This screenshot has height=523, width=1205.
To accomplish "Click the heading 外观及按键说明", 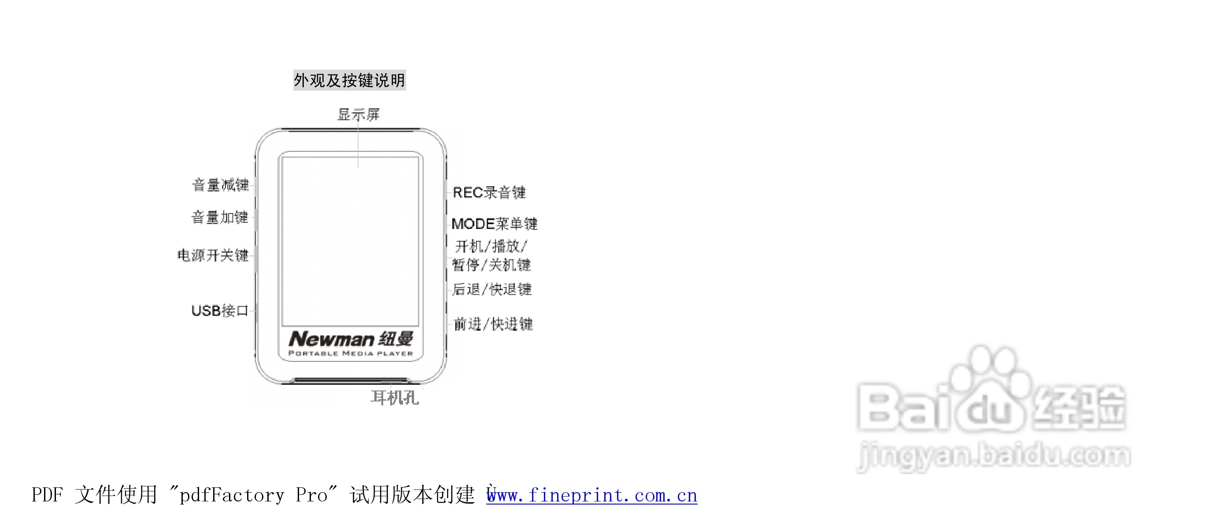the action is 349,81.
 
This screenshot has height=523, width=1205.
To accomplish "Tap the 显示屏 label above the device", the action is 359,114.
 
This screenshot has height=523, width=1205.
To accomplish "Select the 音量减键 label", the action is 220,185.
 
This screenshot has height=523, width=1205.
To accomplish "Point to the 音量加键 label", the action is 220,217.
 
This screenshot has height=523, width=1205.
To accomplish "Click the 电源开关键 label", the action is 213,255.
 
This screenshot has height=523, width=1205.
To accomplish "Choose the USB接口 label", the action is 220,311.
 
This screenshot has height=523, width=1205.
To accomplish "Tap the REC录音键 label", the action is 489,192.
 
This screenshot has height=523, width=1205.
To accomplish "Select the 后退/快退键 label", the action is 492,289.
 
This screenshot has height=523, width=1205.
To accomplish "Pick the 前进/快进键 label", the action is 493,324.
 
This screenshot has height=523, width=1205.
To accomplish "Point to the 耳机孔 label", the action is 394,398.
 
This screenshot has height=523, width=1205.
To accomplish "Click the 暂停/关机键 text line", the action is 491,265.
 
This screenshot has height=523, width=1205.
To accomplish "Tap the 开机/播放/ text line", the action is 491,246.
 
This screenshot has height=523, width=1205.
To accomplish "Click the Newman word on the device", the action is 331,339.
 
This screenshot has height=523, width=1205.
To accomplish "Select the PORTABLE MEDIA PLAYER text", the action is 351,354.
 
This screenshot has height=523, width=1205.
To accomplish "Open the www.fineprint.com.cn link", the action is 592,495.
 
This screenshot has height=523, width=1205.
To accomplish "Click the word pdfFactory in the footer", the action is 232,495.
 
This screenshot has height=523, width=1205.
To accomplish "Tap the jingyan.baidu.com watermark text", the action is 994,456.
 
